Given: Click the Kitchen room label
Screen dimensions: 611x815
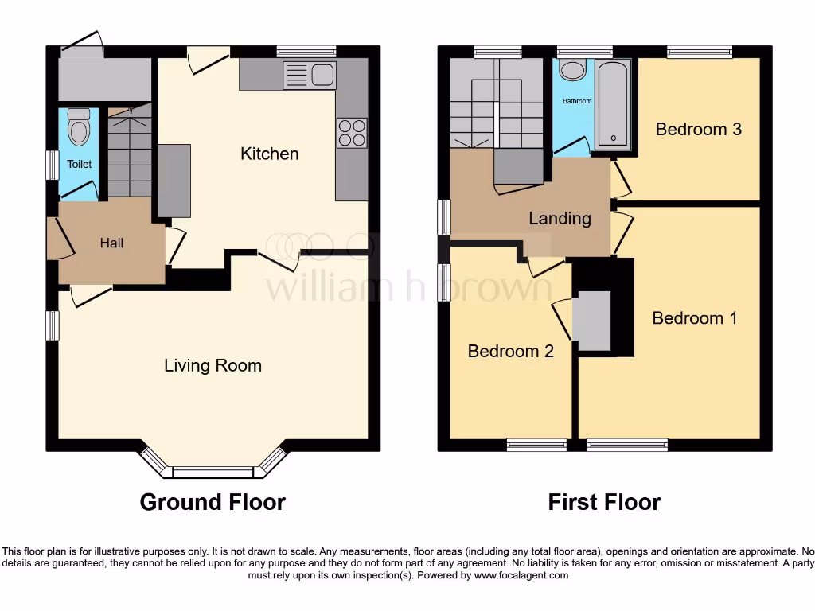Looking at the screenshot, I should (x=270, y=154).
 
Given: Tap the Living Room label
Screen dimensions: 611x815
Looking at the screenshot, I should (x=213, y=366).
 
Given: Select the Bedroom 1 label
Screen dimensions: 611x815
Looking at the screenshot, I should (x=694, y=318).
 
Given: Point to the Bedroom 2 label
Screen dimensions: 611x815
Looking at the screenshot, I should (x=510, y=351).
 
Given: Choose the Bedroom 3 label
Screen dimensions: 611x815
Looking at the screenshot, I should (x=698, y=129).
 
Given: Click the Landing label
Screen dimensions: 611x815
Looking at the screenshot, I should (x=560, y=218).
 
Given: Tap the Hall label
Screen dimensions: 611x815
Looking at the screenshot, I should (x=111, y=243).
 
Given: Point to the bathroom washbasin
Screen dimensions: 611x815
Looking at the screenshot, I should (x=571, y=71).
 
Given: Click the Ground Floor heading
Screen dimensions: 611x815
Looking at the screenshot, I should (x=213, y=502).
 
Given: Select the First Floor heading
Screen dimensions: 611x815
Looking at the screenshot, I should (x=604, y=502).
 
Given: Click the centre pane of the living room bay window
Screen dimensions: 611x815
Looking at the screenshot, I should (x=213, y=473).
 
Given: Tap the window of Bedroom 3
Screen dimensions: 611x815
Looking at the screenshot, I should (x=699, y=52).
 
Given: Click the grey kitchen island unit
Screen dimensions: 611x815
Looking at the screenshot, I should (x=174, y=181).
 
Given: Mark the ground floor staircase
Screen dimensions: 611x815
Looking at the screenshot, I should (x=129, y=155).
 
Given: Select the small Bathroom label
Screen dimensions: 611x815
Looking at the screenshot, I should (x=577, y=101).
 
